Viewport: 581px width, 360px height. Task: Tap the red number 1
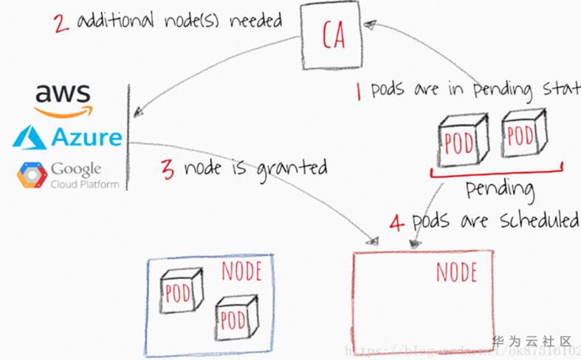358,92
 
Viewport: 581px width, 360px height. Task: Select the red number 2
61,22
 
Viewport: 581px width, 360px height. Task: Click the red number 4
396,222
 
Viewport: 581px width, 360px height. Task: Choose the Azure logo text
87,137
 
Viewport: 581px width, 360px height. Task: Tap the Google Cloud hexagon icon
32,175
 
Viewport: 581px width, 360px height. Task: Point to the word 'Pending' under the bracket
500,189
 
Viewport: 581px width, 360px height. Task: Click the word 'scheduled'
539,221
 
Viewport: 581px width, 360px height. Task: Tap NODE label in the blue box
241,271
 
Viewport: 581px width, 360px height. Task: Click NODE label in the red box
456,272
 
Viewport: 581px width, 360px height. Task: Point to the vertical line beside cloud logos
129,136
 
